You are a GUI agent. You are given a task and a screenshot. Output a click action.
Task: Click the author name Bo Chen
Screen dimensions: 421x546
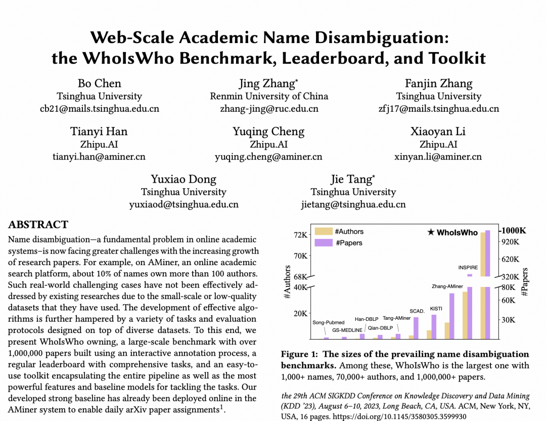(x=99, y=83)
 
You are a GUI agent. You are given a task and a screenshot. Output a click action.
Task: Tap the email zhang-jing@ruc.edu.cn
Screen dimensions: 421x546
(x=269, y=108)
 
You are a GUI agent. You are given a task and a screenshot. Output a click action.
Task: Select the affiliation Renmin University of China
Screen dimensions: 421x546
(x=269, y=96)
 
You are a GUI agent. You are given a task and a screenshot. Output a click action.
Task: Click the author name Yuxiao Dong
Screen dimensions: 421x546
(x=184, y=179)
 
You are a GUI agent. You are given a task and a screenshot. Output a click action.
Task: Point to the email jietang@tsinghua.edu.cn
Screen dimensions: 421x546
(x=353, y=204)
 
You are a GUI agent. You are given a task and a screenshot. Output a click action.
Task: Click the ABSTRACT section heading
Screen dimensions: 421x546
(x=38, y=225)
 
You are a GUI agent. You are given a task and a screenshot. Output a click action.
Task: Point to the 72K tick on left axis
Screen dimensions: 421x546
(x=300, y=235)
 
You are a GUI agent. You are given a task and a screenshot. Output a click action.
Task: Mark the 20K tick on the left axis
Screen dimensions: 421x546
(x=300, y=313)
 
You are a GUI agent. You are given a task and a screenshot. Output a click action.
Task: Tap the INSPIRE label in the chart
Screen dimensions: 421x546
(x=468, y=267)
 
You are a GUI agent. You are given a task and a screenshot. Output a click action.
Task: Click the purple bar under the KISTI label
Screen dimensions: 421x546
(x=434, y=326)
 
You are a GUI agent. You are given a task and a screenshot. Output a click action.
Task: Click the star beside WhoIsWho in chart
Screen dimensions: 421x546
(x=431, y=233)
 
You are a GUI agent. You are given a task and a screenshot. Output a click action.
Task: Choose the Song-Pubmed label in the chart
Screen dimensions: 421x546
(x=328, y=322)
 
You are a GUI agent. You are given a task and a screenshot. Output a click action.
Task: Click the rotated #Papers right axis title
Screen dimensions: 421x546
(x=525, y=282)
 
